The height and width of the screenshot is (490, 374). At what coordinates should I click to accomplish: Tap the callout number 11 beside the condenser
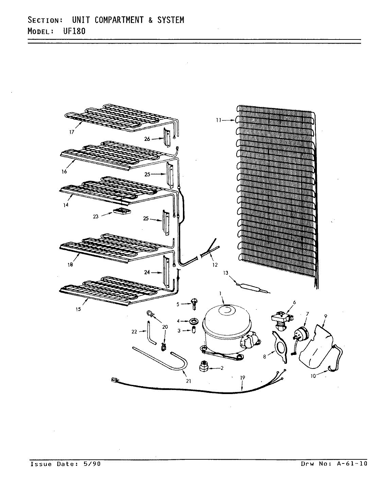tap(219, 120)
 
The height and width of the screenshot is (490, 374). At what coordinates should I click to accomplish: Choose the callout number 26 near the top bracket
tap(147, 138)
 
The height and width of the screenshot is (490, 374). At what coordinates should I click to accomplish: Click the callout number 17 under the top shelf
tap(71, 132)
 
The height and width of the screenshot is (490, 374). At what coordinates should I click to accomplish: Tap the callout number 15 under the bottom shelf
tap(79, 309)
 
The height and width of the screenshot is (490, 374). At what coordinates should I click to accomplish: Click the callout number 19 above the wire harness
tap(242, 377)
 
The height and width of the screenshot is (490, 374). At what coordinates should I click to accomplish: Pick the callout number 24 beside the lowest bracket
tap(147, 272)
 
